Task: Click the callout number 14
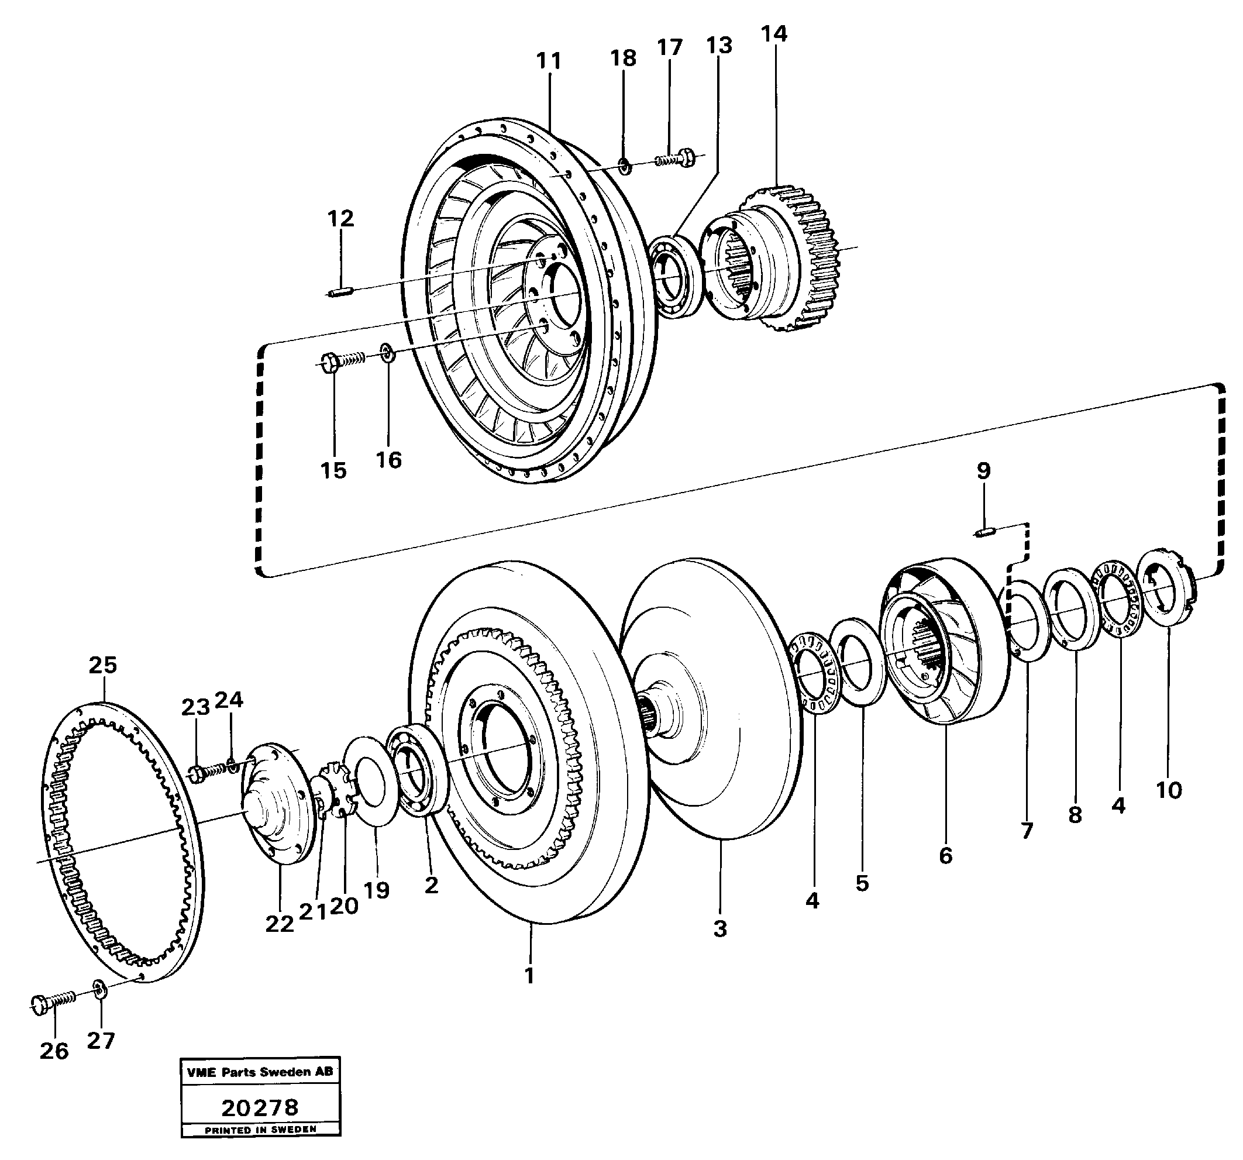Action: pos(774,34)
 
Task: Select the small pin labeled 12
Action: pos(342,291)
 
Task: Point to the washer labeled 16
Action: pos(387,353)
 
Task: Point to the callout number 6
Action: pos(945,855)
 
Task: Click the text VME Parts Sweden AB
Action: pos(260,1072)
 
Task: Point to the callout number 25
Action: pos(102,665)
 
